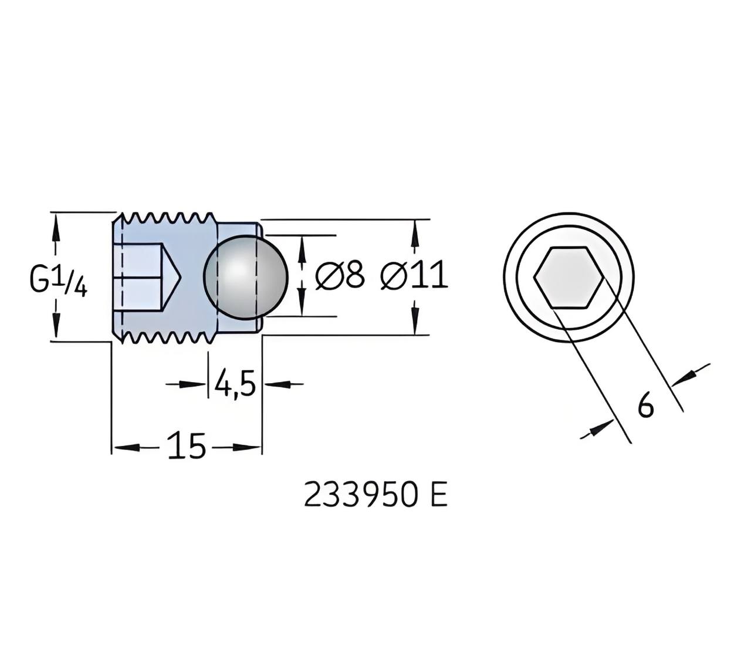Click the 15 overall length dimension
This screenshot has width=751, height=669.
(187, 445)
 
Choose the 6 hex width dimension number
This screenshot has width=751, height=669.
(646, 407)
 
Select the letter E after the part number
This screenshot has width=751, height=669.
(439, 496)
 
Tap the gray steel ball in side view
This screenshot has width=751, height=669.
(245, 277)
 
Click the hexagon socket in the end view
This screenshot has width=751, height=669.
(569, 277)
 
